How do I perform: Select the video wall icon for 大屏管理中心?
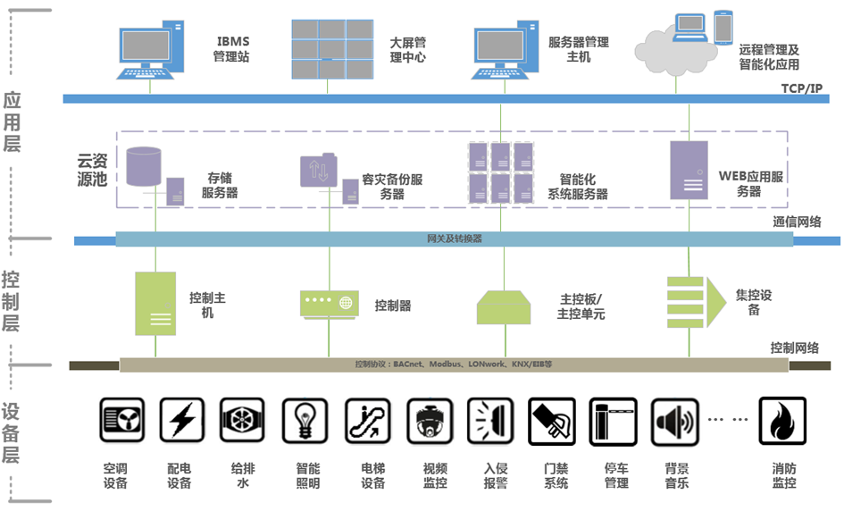pos(331,49)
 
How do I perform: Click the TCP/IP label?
pos(801,88)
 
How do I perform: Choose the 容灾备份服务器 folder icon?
pos(319,171)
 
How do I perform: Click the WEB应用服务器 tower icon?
pos(689,170)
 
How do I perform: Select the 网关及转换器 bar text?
pos(454,239)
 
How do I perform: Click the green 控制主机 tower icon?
pos(155,304)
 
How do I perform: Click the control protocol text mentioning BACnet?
pos(454,364)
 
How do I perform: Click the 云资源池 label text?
pos(92,169)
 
